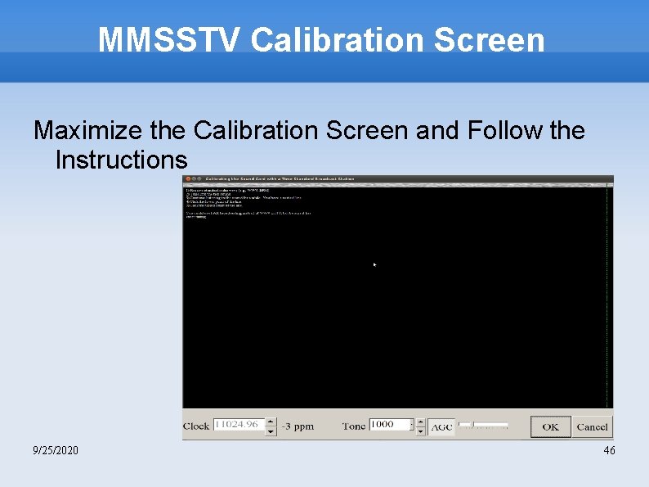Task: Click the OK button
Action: click(550, 426)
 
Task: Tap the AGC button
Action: click(441, 426)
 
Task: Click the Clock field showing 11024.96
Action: click(235, 426)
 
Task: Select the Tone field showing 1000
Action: click(391, 426)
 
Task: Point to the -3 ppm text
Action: click(298, 426)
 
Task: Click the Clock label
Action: click(196, 426)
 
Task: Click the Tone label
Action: click(354, 426)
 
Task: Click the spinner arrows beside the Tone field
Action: click(421, 426)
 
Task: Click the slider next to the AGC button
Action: click(483, 426)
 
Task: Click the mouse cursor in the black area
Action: click(375, 264)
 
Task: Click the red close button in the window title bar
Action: click(186, 178)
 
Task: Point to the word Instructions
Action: click(121, 159)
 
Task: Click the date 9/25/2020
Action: click(56, 451)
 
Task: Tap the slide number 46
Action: click(609, 451)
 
